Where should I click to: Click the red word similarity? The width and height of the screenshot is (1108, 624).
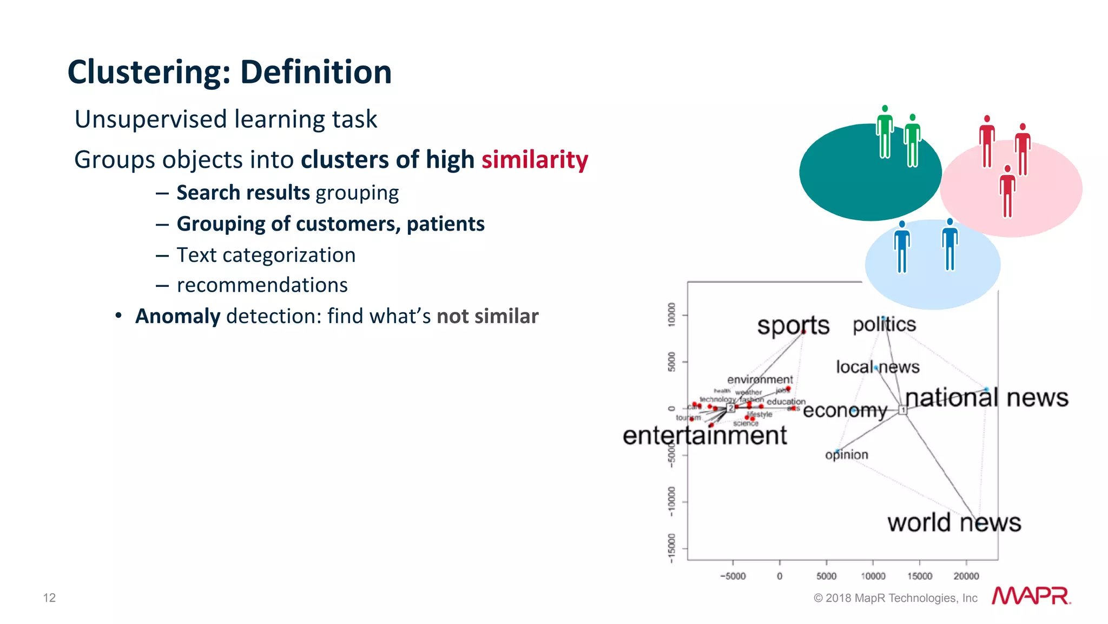(x=535, y=160)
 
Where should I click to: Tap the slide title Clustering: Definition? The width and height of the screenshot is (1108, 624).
(x=229, y=72)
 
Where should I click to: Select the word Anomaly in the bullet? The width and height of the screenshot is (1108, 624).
(x=177, y=316)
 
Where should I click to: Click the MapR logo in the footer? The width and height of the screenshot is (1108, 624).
(x=1031, y=596)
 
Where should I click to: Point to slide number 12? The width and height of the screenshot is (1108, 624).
(x=49, y=597)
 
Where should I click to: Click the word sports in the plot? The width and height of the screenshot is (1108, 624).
(x=793, y=325)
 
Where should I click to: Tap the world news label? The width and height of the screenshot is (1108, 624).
(x=954, y=523)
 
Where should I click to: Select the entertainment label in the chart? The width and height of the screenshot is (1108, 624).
(x=704, y=436)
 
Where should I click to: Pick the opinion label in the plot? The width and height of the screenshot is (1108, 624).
(x=846, y=455)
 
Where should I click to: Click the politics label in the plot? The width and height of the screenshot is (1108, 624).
(x=884, y=325)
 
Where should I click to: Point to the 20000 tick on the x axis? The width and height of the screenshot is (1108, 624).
(x=966, y=576)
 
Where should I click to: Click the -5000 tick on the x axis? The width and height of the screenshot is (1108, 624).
(x=733, y=576)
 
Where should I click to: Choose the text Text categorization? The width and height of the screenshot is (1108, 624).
(x=266, y=255)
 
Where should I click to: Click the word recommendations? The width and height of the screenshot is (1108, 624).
(x=262, y=285)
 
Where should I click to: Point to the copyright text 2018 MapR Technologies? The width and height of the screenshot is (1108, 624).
(x=895, y=598)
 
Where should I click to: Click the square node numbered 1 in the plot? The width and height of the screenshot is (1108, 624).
(x=902, y=410)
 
